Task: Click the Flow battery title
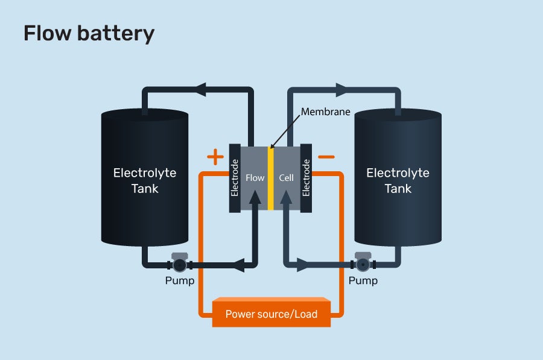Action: pos(89,34)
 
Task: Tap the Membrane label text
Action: pos(326,112)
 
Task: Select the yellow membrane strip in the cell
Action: pos(271,178)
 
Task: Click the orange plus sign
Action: pos(215,158)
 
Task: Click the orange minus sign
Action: pos(326,157)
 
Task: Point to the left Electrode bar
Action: pos(235,178)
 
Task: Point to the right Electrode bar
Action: pos(306,178)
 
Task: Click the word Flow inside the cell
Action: pos(255,178)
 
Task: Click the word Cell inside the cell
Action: pos(286,178)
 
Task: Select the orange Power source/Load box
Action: pos(271,314)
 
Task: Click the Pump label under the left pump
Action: pos(180,281)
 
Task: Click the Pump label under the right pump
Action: pos(363,281)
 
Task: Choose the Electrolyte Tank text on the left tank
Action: pos(145,180)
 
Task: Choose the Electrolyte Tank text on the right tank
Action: pos(398,180)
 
